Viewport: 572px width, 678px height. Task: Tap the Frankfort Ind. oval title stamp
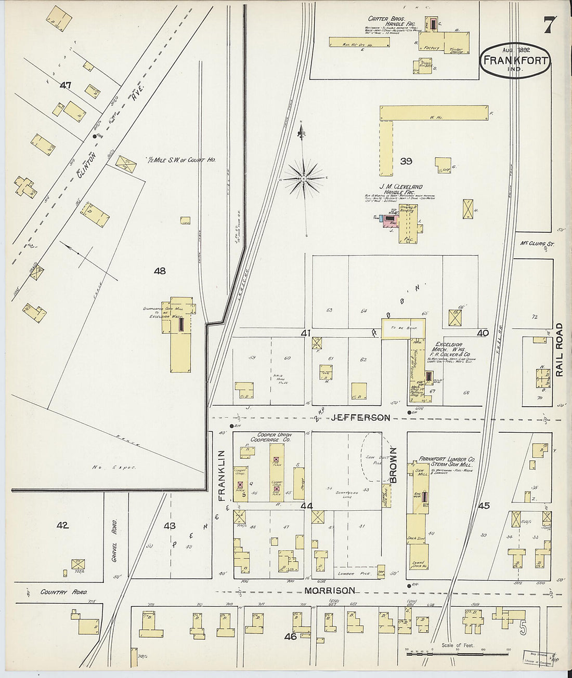(514, 60)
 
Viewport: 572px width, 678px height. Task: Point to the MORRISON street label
(330, 591)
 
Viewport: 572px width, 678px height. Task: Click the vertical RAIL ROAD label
(559, 350)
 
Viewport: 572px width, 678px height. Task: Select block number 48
(160, 271)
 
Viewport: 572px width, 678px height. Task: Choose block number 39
(406, 162)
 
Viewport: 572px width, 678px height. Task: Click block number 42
(63, 526)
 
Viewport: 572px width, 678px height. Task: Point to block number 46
(291, 636)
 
